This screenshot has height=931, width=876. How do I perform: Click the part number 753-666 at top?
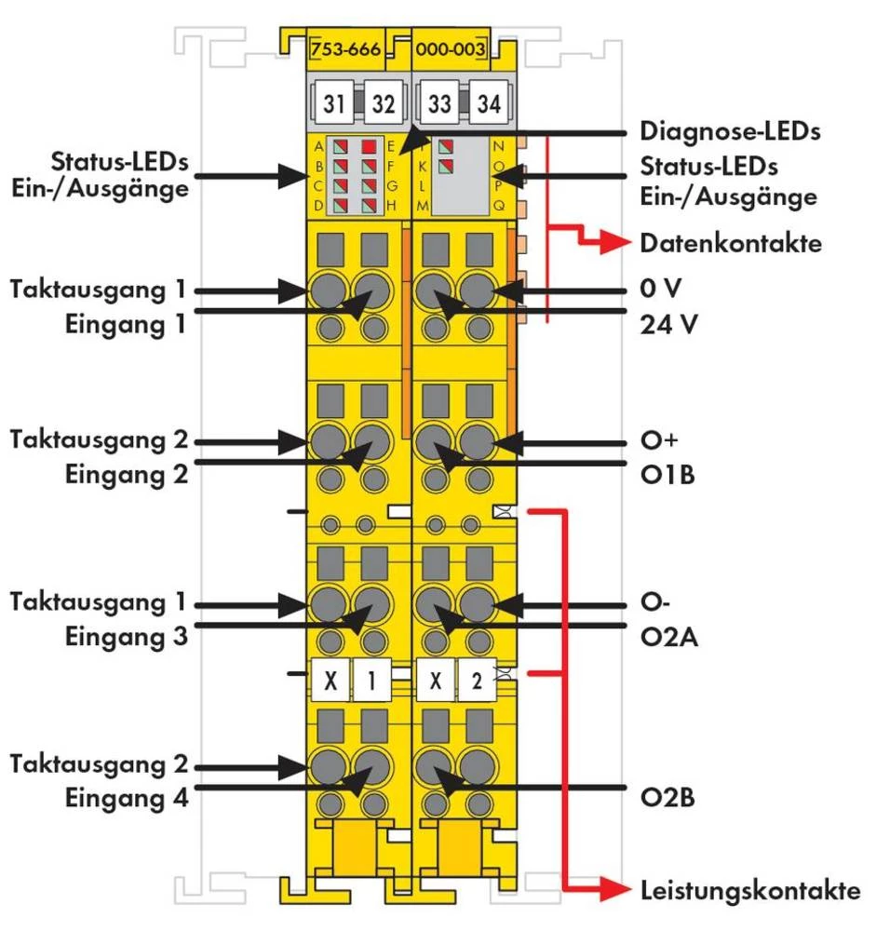tap(345, 50)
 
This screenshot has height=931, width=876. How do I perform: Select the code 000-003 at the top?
tap(451, 50)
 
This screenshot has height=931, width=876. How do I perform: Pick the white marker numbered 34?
tap(488, 104)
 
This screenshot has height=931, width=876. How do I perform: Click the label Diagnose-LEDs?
tap(730, 131)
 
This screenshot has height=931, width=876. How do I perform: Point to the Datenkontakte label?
tap(731, 244)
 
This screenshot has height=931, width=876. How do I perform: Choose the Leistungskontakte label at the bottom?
tap(749, 890)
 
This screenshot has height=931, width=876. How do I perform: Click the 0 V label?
tap(661, 289)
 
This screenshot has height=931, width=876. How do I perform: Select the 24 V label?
tap(669, 325)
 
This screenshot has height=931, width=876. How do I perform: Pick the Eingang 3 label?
tap(128, 638)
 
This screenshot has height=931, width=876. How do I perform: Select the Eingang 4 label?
tap(128, 799)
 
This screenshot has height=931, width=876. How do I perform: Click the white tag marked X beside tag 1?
tap(329, 682)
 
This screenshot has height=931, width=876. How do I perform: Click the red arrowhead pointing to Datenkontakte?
tap(618, 245)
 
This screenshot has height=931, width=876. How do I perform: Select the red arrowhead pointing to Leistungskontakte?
tap(618, 891)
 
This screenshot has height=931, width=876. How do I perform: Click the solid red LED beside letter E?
tap(371, 146)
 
